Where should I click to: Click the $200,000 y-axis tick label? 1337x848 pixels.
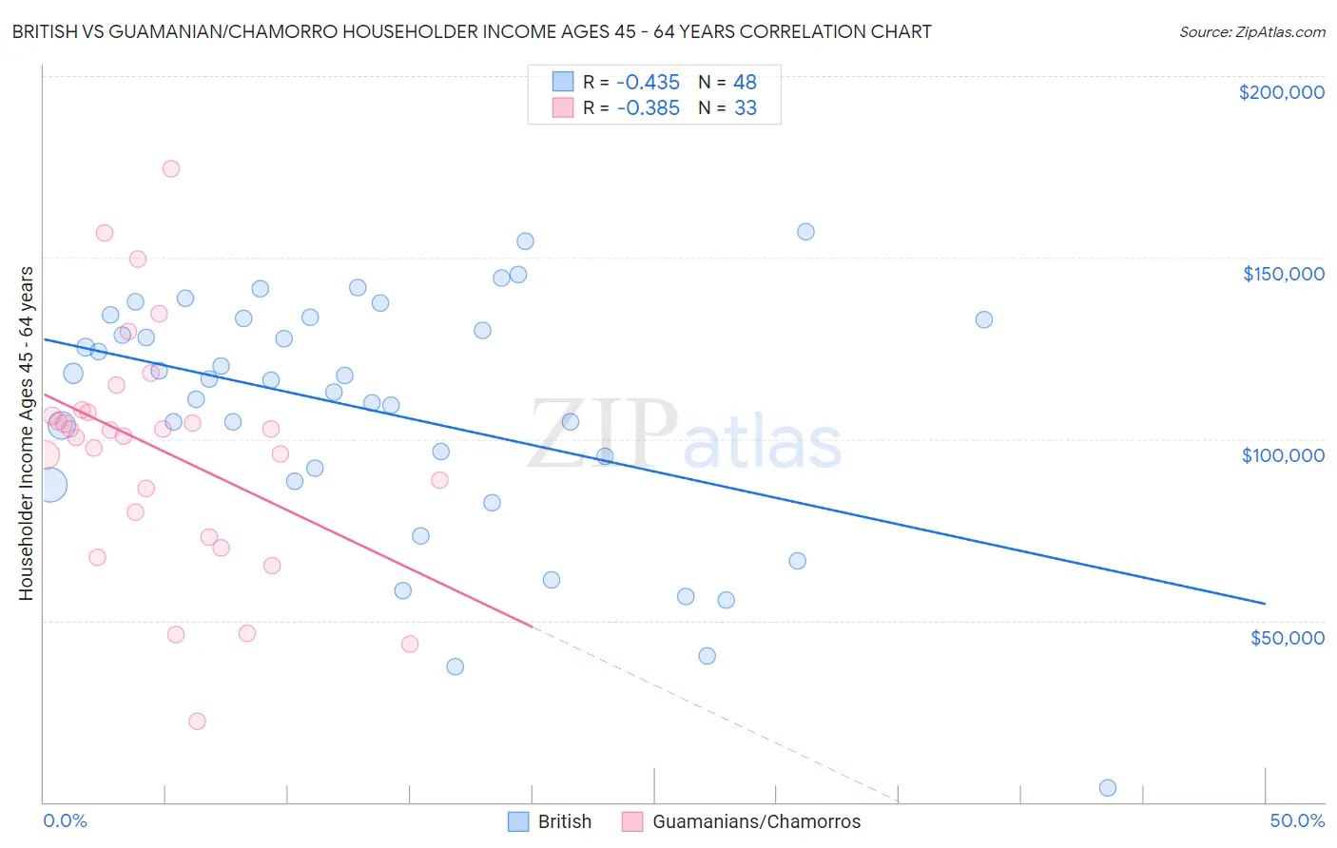click(1281, 92)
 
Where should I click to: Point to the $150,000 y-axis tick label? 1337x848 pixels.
click(1283, 274)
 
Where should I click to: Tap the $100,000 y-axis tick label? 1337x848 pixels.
click(1283, 455)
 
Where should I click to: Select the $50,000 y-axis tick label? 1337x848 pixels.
click(1287, 637)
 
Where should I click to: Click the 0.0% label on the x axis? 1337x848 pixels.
click(65, 820)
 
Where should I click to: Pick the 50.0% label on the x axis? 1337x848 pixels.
click(1297, 820)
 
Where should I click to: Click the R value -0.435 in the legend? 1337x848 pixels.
click(648, 82)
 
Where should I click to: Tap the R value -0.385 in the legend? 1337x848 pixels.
click(648, 108)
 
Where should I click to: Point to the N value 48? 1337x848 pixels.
click(745, 82)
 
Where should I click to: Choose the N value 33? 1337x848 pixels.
click(745, 108)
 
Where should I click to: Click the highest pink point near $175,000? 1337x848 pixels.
click(171, 169)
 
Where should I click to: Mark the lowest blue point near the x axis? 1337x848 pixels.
click(1108, 788)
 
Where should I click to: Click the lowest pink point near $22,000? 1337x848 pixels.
click(198, 722)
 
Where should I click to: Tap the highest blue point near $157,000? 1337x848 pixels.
click(805, 232)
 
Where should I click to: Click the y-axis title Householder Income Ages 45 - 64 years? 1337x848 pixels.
click(26, 434)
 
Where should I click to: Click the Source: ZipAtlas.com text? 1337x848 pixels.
click(1251, 32)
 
